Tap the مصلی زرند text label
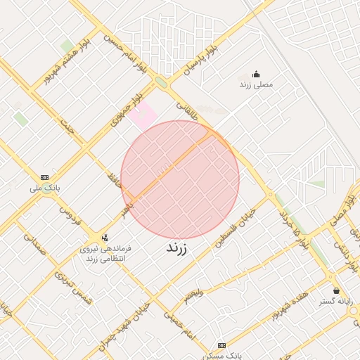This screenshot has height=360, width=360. pos(255,84)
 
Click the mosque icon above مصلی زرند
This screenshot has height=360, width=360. pos(255,74)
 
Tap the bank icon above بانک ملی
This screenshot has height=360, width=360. pos(45,177)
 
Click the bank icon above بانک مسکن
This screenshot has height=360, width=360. pos(222,345)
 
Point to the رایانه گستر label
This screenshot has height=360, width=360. pos(335,301)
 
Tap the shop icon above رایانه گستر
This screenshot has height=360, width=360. pos(336,290)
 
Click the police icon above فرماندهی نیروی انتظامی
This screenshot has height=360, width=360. pos(105,238)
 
